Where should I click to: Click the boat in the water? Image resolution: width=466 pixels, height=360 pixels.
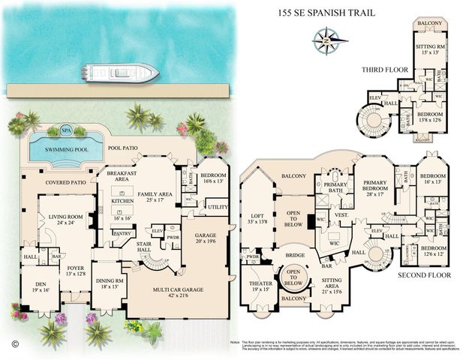(120, 73)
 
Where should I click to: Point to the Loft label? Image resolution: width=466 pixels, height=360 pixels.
(257, 220)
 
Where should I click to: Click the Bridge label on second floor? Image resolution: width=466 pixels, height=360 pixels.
(296, 256)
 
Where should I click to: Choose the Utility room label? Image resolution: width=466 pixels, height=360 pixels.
(218, 206)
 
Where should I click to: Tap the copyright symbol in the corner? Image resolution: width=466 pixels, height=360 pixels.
(14, 344)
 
